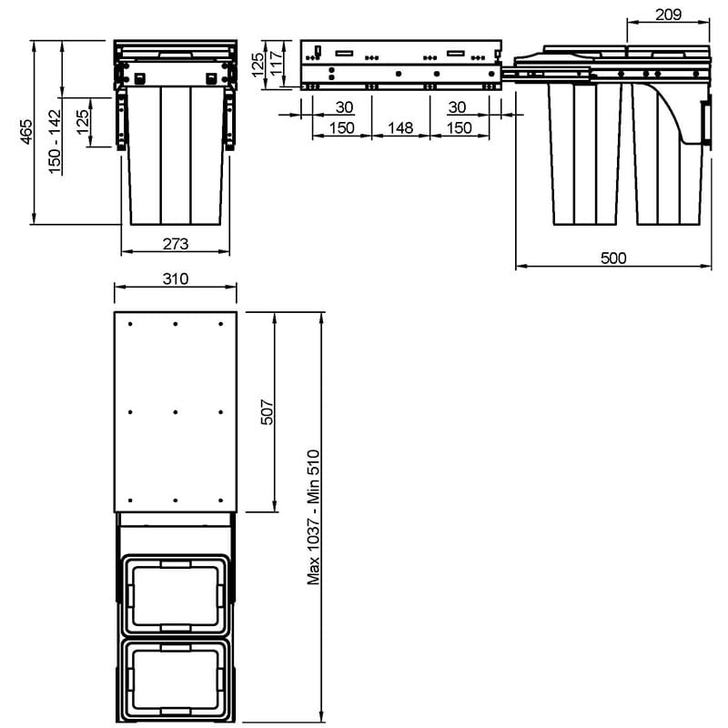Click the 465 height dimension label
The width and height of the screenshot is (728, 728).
(x=27, y=132)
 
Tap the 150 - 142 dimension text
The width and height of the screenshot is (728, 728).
(x=55, y=142)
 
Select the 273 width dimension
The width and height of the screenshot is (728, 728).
(x=176, y=244)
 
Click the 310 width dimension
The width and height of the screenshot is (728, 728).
(x=176, y=278)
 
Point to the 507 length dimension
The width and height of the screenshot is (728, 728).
(x=268, y=412)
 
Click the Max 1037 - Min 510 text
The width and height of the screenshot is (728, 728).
(x=313, y=517)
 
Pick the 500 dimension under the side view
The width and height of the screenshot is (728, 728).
(x=613, y=258)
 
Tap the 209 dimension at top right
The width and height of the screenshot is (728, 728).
(x=668, y=15)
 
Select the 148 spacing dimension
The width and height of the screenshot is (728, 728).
(x=400, y=127)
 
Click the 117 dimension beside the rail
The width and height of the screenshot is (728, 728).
(x=276, y=63)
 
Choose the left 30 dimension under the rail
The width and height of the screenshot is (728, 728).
(x=344, y=107)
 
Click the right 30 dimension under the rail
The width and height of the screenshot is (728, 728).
(x=457, y=107)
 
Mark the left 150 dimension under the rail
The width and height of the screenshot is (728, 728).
(x=342, y=127)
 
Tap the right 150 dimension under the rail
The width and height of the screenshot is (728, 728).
(x=460, y=127)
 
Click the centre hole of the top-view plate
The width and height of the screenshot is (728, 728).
(x=175, y=412)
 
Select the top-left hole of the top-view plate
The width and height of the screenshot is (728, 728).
(x=130, y=324)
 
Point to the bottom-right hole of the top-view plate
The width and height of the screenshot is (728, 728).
(x=220, y=500)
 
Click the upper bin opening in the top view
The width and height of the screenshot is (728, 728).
(x=175, y=595)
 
